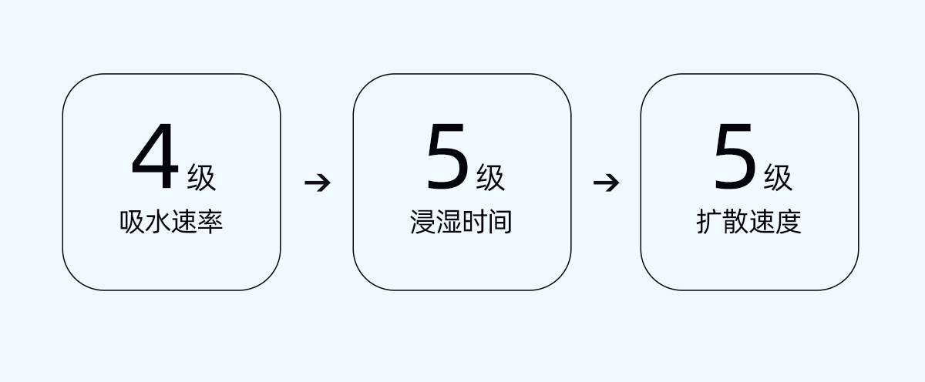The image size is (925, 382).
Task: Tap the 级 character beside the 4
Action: coord(202,178)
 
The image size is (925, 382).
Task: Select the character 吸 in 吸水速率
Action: coord(133,222)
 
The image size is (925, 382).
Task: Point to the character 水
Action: coord(159,222)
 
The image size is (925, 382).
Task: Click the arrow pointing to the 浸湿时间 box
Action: coord(317,183)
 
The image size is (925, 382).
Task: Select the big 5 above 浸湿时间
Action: coord(447,161)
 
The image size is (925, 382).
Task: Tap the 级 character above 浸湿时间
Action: coord(490,178)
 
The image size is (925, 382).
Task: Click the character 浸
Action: coord(422,222)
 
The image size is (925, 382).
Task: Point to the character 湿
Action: coord(448,222)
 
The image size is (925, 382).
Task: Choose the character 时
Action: coord(474,222)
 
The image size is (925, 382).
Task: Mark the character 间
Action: coord(500,222)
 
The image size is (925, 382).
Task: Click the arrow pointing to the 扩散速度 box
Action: coord(606,183)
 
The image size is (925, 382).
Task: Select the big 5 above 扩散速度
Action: coord(735,161)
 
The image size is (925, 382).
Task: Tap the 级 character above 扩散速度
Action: coord(778,178)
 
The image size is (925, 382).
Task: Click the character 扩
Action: coord(709,222)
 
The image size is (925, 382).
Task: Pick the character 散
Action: coord(735,222)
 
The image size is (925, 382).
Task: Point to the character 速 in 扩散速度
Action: coord(762,222)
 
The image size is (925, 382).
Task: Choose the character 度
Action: coord(788,222)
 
